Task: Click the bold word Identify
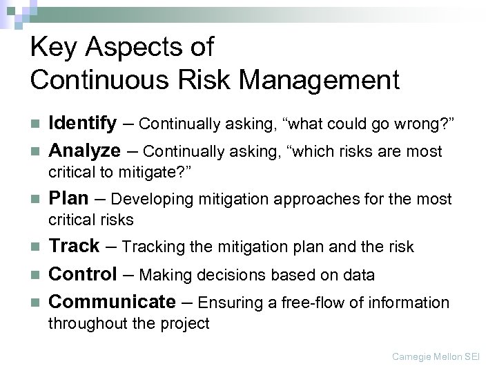click(x=83, y=124)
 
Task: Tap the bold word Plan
click(x=69, y=199)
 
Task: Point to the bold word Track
click(x=75, y=247)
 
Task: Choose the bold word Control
click(x=83, y=275)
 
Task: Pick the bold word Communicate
click(x=113, y=302)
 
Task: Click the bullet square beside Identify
click(x=37, y=124)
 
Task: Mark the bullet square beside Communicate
click(x=37, y=303)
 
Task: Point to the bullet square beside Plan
click(x=37, y=200)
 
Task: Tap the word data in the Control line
click(x=359, y=276)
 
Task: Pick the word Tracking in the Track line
click(x=149, y=247)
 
